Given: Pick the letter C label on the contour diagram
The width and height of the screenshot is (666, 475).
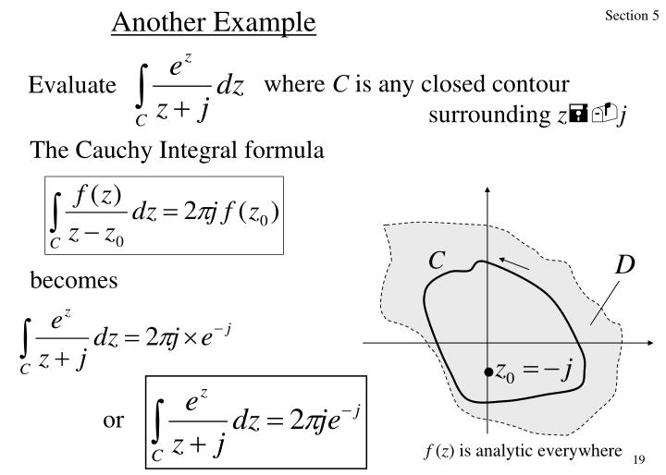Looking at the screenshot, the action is tap(437, 262).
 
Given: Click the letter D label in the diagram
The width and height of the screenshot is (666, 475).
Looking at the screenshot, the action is tap(625, 266).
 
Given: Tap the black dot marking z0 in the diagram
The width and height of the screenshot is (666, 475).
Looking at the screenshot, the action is tap(487, 371).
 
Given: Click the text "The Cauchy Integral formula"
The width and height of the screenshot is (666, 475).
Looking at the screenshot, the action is tap(178, 150).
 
